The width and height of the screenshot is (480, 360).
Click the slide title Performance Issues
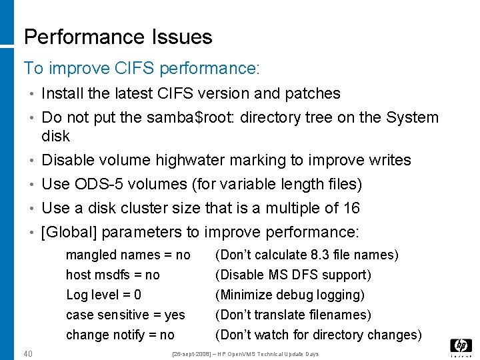(x=118, y=37)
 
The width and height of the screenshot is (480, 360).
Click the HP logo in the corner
(x=461, y=347)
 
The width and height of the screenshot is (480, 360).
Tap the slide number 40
(x=28, y=353)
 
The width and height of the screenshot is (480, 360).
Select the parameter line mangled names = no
(x=128, y=255)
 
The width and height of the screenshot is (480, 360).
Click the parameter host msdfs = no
(x=113, y=275)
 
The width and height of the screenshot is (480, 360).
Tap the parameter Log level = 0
(x=103, y=295)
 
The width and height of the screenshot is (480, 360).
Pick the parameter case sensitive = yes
(x=125, y=315)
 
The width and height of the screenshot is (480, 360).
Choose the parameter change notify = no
(x=120, y=335)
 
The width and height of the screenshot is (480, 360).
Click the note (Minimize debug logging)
(x=289, y=295)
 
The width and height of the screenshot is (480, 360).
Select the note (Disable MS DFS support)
(x=293, y=275)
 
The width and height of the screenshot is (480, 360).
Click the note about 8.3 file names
(x=307, y=255)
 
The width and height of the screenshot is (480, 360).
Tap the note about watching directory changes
(x=318, y=335)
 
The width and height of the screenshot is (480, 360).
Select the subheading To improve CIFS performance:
(x=141, y=68)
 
